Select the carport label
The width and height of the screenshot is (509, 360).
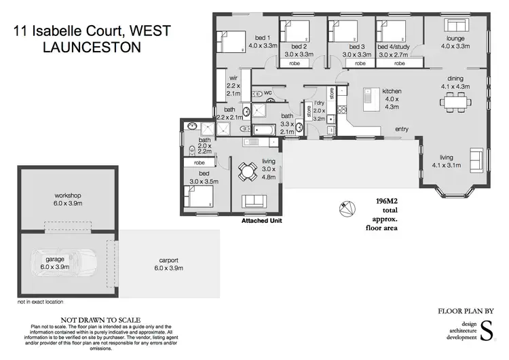click(168, 260)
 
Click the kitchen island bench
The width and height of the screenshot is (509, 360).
click(371, 102)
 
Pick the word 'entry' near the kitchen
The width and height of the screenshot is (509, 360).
click(402, 129)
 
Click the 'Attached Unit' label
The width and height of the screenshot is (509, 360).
click(261, 221)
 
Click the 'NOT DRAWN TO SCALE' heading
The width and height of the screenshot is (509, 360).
click(100, 319)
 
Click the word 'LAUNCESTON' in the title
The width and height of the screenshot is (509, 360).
click(92, 47)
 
